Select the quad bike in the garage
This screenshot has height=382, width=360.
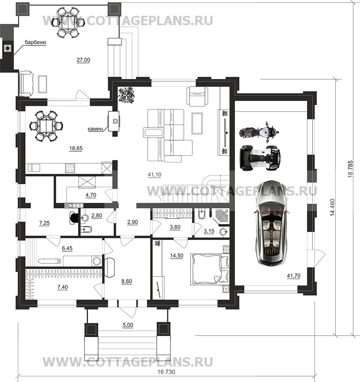[x=260, y=158]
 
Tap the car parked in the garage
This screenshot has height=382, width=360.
[x=271, y=222]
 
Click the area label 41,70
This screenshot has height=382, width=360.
[x=293, y=276]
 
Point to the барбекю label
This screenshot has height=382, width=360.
[x=35, y=42]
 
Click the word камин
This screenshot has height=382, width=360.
[x=95, y=129]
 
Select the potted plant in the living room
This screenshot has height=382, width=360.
[x=126, y=95]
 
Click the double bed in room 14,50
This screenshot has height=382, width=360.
[x=209, y=269]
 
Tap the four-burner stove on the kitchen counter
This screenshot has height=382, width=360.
[x=70, y=168]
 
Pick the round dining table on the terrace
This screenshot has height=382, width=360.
[x=68, y=23]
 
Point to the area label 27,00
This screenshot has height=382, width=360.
[x=83, y=60]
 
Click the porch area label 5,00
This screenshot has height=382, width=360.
[x=128, y=325]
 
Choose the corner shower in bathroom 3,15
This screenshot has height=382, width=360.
[x=220, y=217]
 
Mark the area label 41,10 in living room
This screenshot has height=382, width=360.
[x=154, y=175]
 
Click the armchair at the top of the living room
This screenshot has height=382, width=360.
[x=198, y=96]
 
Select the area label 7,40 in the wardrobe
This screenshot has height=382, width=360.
[x=63, y=287]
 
